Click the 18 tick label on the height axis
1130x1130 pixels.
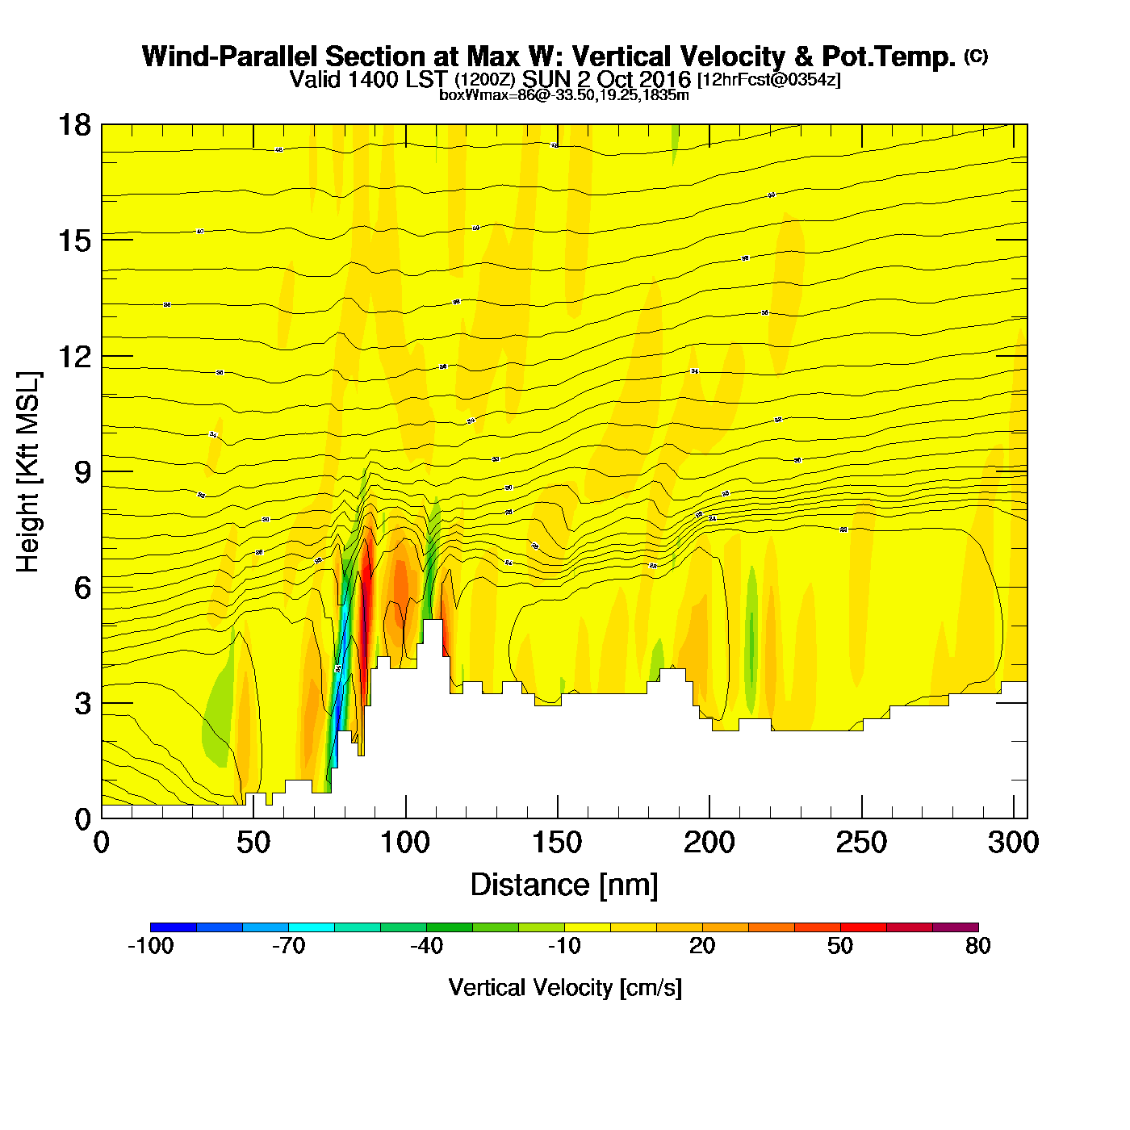pyautogui.click(x=73, y=125)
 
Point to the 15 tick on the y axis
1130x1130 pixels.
pyautogui.click(x=73, y=241)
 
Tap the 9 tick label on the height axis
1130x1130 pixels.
pyautogui.click(x=82, y=472)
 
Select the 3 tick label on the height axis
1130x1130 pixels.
pyautogui.click(x=82, y=704)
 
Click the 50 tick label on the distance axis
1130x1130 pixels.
pyautogui.click(x=253, y=843)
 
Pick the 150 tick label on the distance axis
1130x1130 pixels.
pyautogui.click(x=557, y=843)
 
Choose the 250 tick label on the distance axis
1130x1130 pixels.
pyautogui.click(x=861, y=843)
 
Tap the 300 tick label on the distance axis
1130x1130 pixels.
pyautogui.click(x=1013, y=843)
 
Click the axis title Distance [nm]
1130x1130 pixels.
pyautogui.click(x=564, y=885)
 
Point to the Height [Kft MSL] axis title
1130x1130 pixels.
pyautogui.click(x=28, y=472)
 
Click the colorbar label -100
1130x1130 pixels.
pyautogui.click(x=151, y=946)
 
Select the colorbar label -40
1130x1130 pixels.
pyautogui.click(x=427, y=946)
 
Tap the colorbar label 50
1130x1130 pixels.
pyautogui.click(x=840, y=946)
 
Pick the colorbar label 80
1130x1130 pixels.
pyautogui.click(x=977, y=946)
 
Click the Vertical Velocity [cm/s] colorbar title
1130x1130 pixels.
pyautogui.click(x=565, y=987)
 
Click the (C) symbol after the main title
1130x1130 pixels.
pyautogui.click(x=976, y=56)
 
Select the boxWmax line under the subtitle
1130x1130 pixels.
pyautogui.click(x=563, y=95)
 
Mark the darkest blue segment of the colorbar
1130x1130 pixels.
pyautogui.click(x=174, y=927)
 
